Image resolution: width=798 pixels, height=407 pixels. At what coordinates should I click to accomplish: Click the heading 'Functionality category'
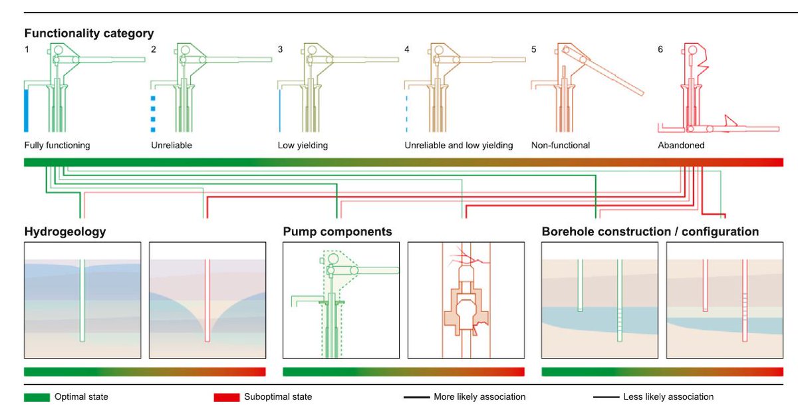89,33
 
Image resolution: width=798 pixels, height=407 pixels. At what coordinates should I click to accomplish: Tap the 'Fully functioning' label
57,145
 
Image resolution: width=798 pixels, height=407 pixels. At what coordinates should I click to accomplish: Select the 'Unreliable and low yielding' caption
458,145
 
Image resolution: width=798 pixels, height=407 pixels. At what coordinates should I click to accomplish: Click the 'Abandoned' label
681,145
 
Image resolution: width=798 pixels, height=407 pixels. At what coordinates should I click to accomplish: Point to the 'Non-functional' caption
561,145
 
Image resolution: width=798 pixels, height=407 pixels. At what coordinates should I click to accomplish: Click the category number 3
280,50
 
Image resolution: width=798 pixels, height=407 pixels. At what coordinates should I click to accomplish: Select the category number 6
660,50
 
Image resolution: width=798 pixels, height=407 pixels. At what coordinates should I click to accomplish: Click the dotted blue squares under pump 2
153,114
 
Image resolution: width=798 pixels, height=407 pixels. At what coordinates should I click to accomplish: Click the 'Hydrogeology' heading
65,232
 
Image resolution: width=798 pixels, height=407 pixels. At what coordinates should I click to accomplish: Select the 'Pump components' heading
337,232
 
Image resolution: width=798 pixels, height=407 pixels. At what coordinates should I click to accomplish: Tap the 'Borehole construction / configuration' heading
650,232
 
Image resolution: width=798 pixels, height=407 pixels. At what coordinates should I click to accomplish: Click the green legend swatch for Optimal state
37,397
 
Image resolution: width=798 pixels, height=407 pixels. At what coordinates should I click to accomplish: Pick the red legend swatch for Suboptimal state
227,397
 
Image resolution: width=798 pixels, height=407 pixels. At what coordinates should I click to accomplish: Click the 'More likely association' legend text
479,397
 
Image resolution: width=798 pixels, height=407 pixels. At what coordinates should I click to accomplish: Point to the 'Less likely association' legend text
668,397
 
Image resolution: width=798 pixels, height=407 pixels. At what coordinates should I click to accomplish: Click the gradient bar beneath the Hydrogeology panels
145,372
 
